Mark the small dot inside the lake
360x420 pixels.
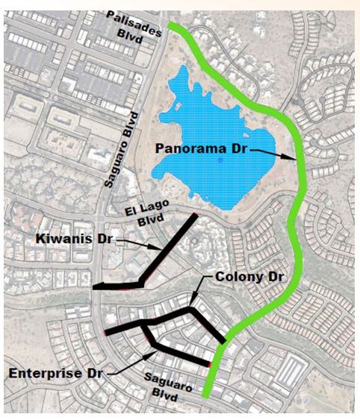[220, 160]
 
